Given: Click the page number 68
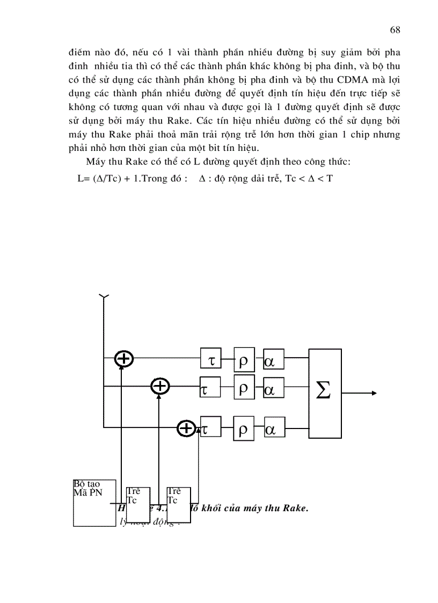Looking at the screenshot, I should tap(395, 30).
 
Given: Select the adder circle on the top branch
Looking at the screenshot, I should tap(124, 358).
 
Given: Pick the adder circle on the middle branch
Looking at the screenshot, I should tap(160, 386).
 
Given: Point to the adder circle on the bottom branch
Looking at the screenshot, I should tap(186, 428).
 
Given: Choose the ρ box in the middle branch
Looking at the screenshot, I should tap(244, 388).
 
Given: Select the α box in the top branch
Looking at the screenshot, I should tap(274, 360).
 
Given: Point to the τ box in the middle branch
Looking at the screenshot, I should tap(210, 388).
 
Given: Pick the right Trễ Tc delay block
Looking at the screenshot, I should tap(179, 503).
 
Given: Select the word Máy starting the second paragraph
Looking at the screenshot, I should tap(96, 163).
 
